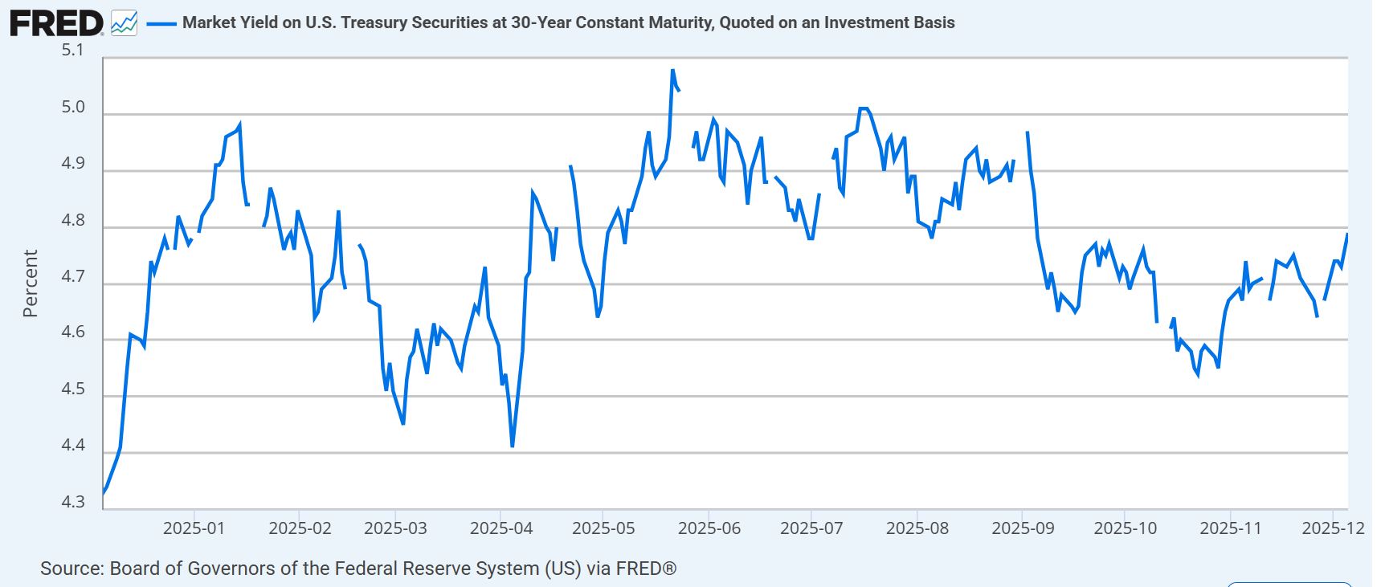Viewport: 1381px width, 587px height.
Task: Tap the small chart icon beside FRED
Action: (124, 22)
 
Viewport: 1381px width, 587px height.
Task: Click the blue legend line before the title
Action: (161, 23)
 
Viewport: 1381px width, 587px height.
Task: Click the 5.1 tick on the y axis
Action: (72, 50)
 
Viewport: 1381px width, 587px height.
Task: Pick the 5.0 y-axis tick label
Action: (72, 107)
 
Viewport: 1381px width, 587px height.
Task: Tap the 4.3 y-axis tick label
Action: (72, 502)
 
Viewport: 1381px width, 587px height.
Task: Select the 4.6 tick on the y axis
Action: (72, 332)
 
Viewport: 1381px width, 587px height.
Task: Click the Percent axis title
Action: (31, 283)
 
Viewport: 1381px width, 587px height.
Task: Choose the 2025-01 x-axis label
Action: (194, 528)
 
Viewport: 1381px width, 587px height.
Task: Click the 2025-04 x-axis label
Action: (501, 528)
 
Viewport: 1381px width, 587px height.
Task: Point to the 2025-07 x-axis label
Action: (811, 528)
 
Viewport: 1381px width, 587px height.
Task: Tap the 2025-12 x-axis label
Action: (1334, 528)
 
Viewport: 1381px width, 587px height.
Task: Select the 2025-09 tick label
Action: (1023, 528)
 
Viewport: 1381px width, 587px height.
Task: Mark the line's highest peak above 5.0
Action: (672, 71)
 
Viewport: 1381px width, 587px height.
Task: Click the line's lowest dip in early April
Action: (512, 446)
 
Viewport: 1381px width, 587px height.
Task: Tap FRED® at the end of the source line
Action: (646, 569)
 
